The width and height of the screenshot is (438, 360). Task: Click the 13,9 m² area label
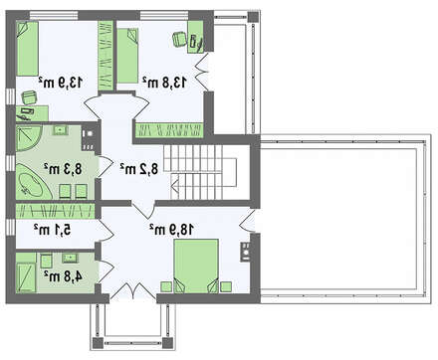[x=61, y=82]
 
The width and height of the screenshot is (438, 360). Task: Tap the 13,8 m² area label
[x=165, y=82]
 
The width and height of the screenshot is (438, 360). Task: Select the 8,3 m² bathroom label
[x=63, y=169]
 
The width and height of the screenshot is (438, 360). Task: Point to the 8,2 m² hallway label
[x=139, y=169]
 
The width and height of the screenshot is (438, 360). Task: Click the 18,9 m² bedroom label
[x=171, y=229]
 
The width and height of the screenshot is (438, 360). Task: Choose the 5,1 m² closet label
[x=53, y=229]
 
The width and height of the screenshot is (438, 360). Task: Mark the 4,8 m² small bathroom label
[x=63, y=275]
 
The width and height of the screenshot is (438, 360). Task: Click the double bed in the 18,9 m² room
[x=196, y=267]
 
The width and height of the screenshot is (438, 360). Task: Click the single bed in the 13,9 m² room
[x=28, y=49]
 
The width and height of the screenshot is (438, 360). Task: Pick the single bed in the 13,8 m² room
[x=127, y=56]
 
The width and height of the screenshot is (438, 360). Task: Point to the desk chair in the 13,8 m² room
[x=180, y=39]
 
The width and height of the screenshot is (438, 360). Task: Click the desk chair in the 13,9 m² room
[x=29, y=97]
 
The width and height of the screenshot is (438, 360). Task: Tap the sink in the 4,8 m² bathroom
[x=70, y=258]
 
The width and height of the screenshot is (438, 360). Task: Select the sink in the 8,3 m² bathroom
[x=60, y=130]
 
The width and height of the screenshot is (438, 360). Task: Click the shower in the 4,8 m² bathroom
[x=26, y=277]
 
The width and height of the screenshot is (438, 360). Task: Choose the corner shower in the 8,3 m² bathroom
[x=28, y=137]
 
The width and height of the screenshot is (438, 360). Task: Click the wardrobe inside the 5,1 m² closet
[x=56, y=211]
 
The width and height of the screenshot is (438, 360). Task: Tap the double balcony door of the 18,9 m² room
[x=132, y=290]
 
